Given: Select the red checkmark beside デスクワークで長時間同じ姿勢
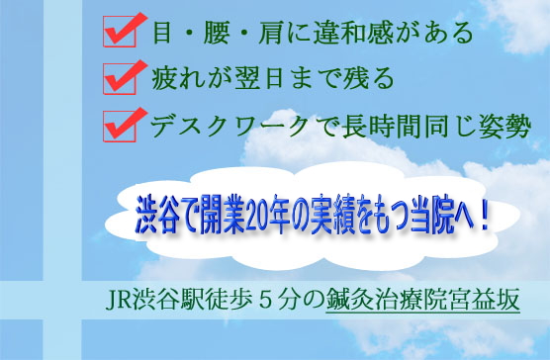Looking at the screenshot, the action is coord(124,124).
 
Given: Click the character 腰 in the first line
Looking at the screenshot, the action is coord(216,33).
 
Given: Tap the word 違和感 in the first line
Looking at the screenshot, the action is coord(353,33).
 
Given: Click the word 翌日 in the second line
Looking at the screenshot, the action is coord(258,78).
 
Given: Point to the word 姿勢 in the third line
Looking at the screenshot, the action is coord(504,127).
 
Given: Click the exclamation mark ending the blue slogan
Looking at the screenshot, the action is coord(485,218).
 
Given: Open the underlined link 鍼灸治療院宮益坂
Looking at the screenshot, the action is coord(422,301).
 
